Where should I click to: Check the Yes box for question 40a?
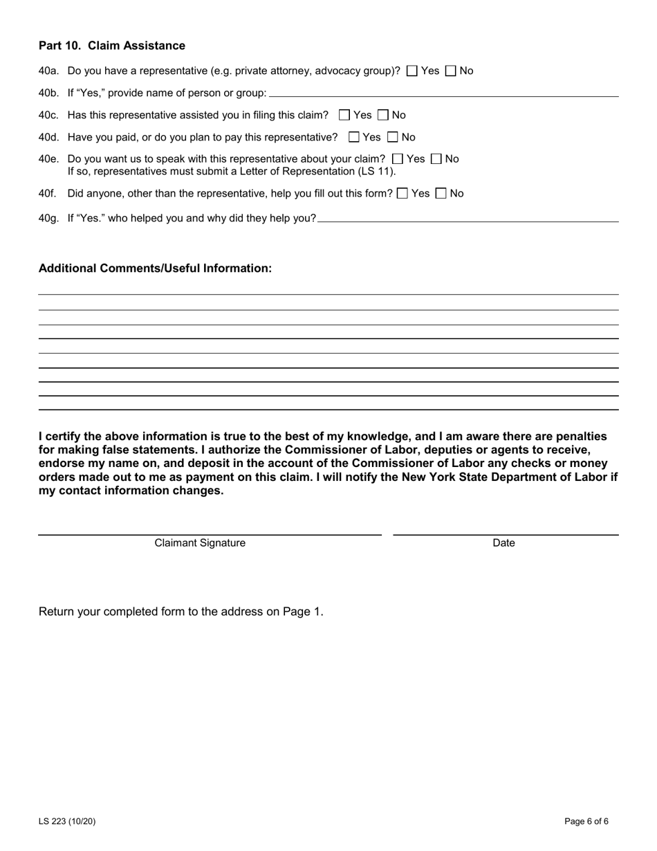(x=412, y=71)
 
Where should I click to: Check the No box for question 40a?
(x=451, y=71)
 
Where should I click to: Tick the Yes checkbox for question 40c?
(x=344, y=115)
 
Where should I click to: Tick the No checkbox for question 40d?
(x=393, y=137)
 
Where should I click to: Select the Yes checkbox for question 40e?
(x=397, y=159)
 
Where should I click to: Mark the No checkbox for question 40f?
(x=441, y=194)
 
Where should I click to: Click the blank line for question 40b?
(x=443, y=93)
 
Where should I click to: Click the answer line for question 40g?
(x=468, y=219)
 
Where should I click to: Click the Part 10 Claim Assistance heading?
(x=112, y=46)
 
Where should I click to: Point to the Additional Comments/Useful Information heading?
(x=155, y=268)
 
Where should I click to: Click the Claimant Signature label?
(x=200, y=543)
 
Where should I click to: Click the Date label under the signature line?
(x=503, y=543)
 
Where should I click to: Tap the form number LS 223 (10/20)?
(x=67, y=822)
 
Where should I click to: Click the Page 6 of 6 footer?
(x=586, y=822)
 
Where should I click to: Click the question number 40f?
(x=47, y=194)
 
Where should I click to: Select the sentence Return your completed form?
(x=181, y=612)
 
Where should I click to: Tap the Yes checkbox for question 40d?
(x=354, y=137)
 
